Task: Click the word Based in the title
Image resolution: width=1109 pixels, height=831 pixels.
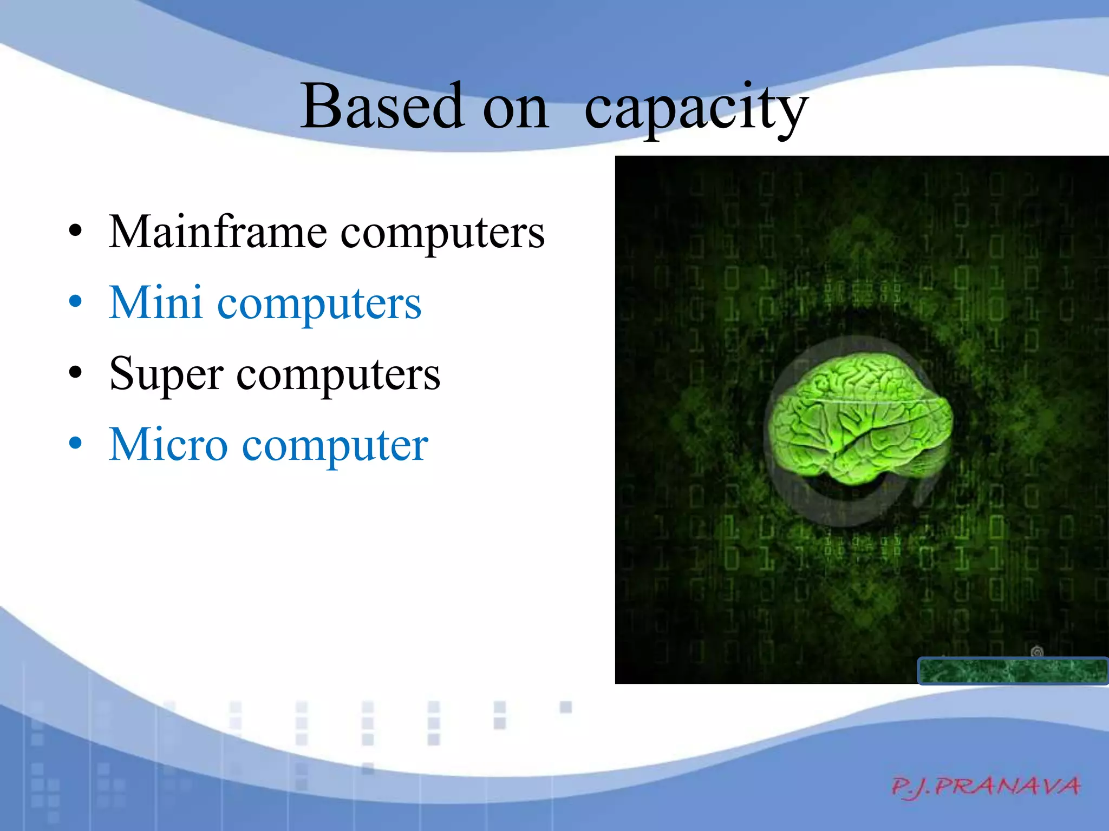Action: click(382, 107)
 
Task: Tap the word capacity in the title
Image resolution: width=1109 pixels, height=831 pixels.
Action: click(696, 108)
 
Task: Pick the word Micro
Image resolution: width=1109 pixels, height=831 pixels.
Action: click(168, 445)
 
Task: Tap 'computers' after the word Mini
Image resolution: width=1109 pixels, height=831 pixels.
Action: click(319, 305)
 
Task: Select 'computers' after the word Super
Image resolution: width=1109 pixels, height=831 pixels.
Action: click(338, 375)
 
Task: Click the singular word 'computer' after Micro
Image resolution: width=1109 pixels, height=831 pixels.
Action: click(335, 447)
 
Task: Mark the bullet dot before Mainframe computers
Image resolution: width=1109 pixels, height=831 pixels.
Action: click(76, 231)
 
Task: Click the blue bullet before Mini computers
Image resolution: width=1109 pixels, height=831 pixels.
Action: click(76, 301)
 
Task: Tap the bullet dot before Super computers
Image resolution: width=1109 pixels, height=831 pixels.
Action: click(76, 372)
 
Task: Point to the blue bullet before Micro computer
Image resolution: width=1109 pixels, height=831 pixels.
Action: click(76, 443)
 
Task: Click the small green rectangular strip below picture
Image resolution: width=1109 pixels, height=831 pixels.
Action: click(1012, 671)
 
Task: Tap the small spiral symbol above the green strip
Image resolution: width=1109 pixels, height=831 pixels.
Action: click(1036, 651)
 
